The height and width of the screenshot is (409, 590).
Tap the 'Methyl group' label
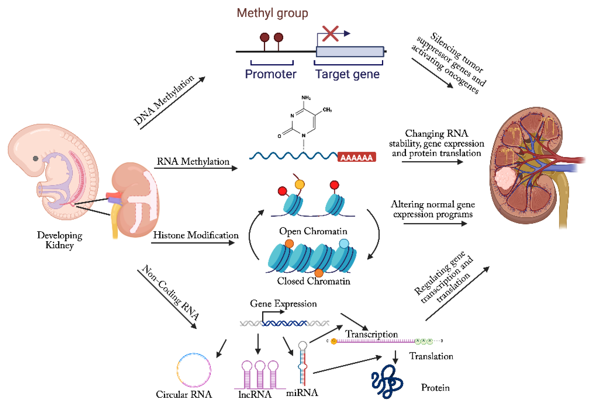click(272, 13)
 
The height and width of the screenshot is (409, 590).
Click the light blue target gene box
click(350, 52)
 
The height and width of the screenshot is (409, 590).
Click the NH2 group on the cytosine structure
click(306, 98)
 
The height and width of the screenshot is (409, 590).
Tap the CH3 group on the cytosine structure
click(327, 110)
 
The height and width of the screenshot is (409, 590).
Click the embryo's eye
click(36, 158)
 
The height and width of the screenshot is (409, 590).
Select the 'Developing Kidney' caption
click(60, 240)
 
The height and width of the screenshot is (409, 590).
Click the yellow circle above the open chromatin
click(299, 184)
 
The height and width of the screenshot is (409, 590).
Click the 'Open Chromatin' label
click(313, 231)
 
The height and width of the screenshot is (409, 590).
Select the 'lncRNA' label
click(255, 394)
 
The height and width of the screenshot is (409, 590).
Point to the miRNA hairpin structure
click(302, 364)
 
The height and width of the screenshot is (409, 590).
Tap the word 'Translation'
click(431, 356)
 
